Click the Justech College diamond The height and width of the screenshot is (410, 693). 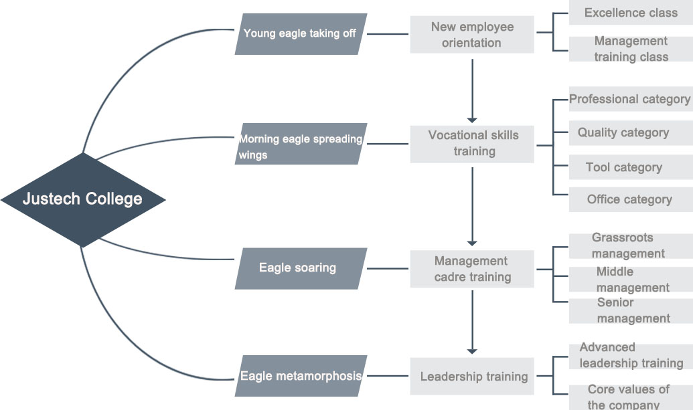(x=82, y=199)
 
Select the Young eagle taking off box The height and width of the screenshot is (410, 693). (x=301, y=33)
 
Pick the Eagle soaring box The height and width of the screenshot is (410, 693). (x=301, y=268)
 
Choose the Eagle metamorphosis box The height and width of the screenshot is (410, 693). (x=301, y=376)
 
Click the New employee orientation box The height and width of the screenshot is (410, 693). (x=472, y=35)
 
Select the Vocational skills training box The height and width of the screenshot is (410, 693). (x=472, y=143)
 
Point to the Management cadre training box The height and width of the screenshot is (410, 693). (x=472, y=269)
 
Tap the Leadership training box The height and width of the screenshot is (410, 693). (x=472, y=377)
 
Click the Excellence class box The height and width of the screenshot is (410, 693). (x=630, y=13)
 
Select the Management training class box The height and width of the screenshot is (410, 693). (x=630, y=49)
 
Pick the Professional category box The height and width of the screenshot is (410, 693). (x=630, y=100)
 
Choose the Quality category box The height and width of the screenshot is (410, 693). (x=630, y=132)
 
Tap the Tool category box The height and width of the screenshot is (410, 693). (x=630, y=167)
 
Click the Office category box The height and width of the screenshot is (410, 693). (x=630, y=199)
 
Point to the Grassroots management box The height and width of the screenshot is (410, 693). (x=630, y=245)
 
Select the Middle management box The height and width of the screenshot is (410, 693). (x=630, y=280)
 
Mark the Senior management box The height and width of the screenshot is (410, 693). (x=630, y=310)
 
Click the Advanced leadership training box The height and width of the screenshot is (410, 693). (x=630, y=356)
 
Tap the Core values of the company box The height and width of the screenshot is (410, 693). (x=630, y=396)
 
